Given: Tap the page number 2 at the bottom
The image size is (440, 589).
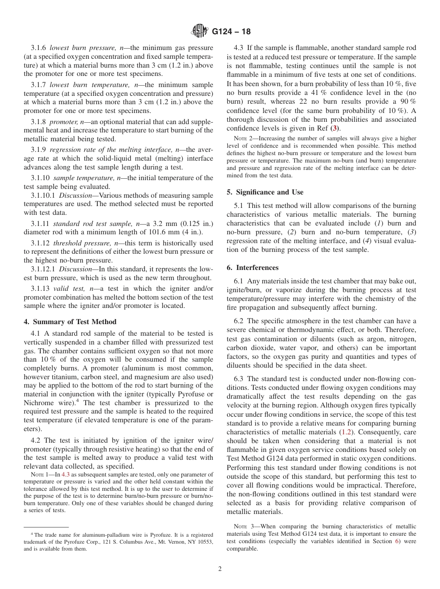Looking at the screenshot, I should pos(220,569).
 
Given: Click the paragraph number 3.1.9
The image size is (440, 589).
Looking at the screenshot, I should pos(39,150).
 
